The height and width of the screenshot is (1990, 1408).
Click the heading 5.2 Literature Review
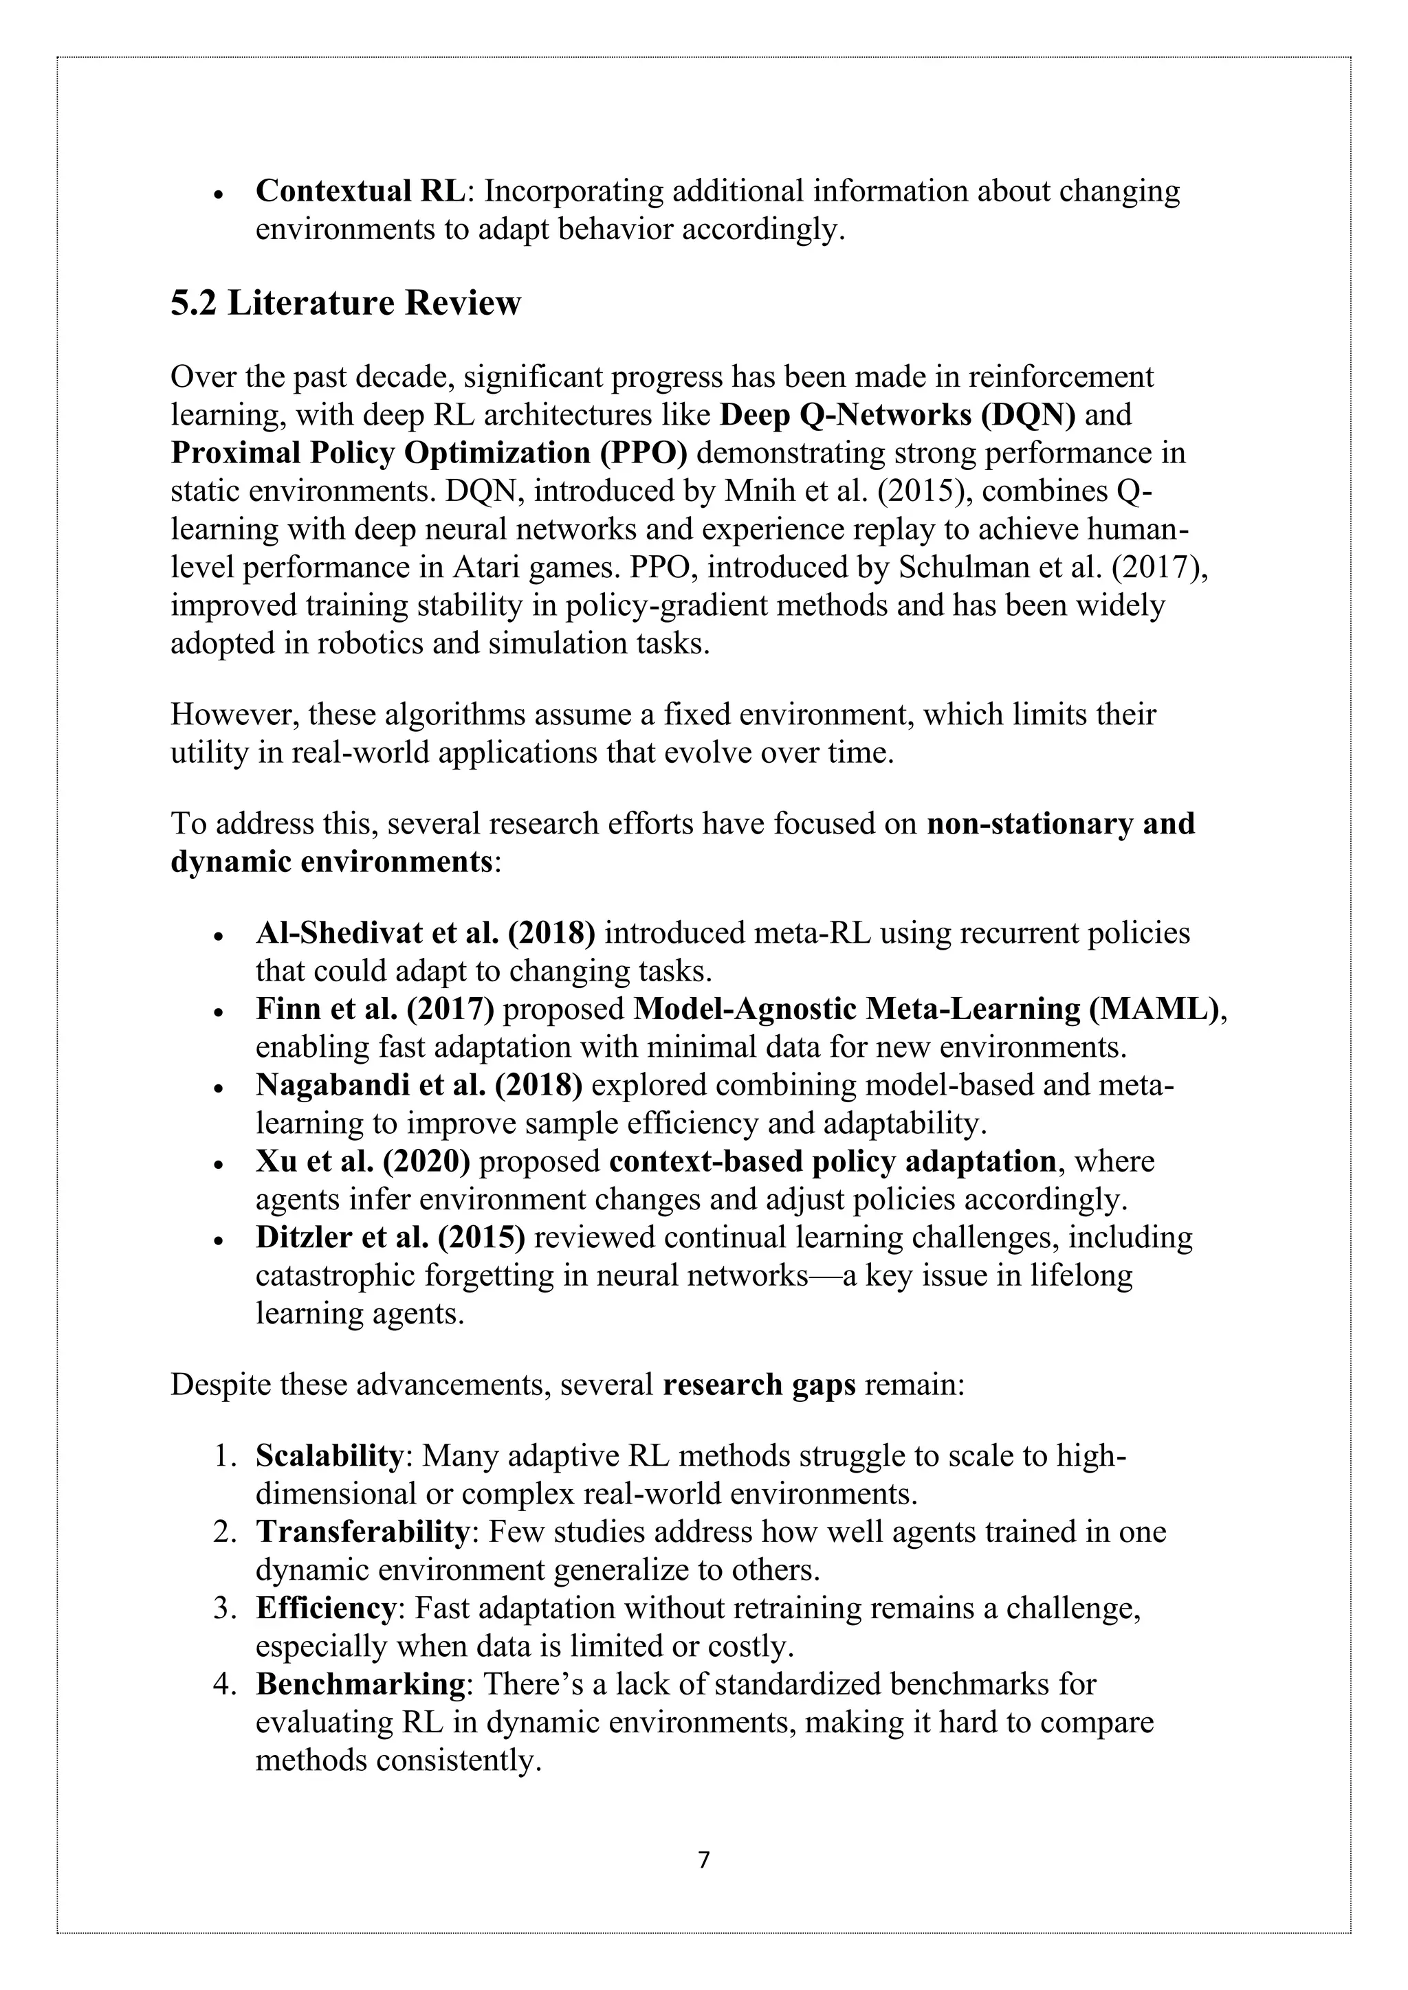point(345,303)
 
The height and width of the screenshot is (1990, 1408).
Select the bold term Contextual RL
point(360,190)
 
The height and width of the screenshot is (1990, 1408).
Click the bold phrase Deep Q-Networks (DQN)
point(897,415)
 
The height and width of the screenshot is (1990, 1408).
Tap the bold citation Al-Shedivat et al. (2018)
point(425,932)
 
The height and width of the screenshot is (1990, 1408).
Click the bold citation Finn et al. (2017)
point(375,1009)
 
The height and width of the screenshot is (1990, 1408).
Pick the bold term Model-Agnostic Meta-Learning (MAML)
point(926,1009)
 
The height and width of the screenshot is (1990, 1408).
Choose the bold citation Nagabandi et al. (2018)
point(418,1085)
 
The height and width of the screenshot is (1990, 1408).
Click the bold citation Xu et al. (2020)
point(362,1161)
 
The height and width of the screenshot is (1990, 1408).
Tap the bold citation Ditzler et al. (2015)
point(390,1238)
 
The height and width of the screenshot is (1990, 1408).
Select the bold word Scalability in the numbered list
point(329,1456)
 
